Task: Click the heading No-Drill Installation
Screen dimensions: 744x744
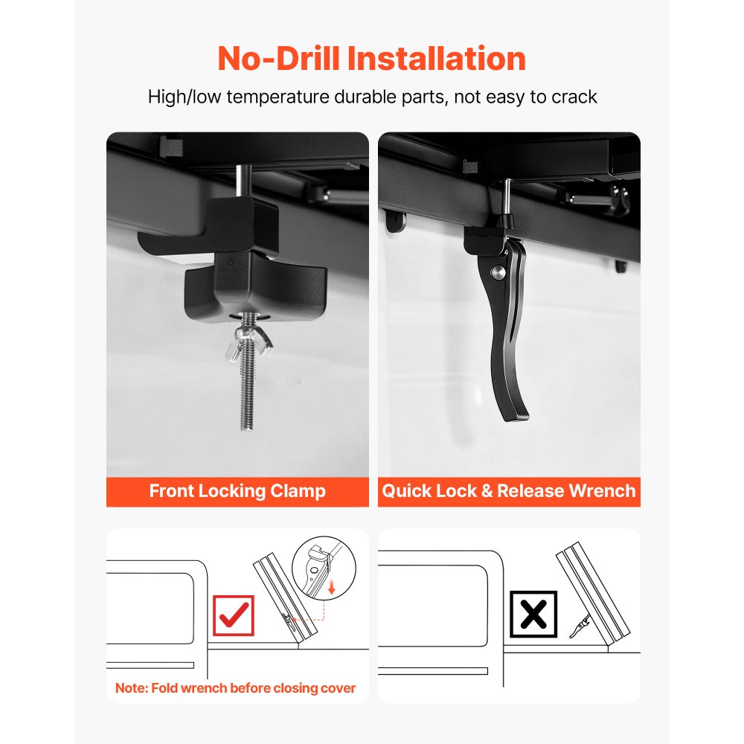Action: click(371, 58)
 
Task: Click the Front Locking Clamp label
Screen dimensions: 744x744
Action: click(237, 491)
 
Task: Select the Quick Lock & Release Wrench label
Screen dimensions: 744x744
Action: click(509, 491)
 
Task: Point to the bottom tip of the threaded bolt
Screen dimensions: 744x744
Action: click(246, 428)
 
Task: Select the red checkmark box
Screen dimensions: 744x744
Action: click(234, 615)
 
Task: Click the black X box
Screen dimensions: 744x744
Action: click(533, 614)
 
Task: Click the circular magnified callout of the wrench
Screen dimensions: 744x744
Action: click(324, 567)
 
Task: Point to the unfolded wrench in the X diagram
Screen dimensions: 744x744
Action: click(580, 626)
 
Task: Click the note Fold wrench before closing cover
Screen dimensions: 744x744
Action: click(235, 688)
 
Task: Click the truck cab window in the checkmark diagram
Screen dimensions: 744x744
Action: click(150, 609)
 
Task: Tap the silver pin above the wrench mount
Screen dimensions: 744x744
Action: click(507, 196)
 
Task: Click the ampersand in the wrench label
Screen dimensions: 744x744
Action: click(487, 491)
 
